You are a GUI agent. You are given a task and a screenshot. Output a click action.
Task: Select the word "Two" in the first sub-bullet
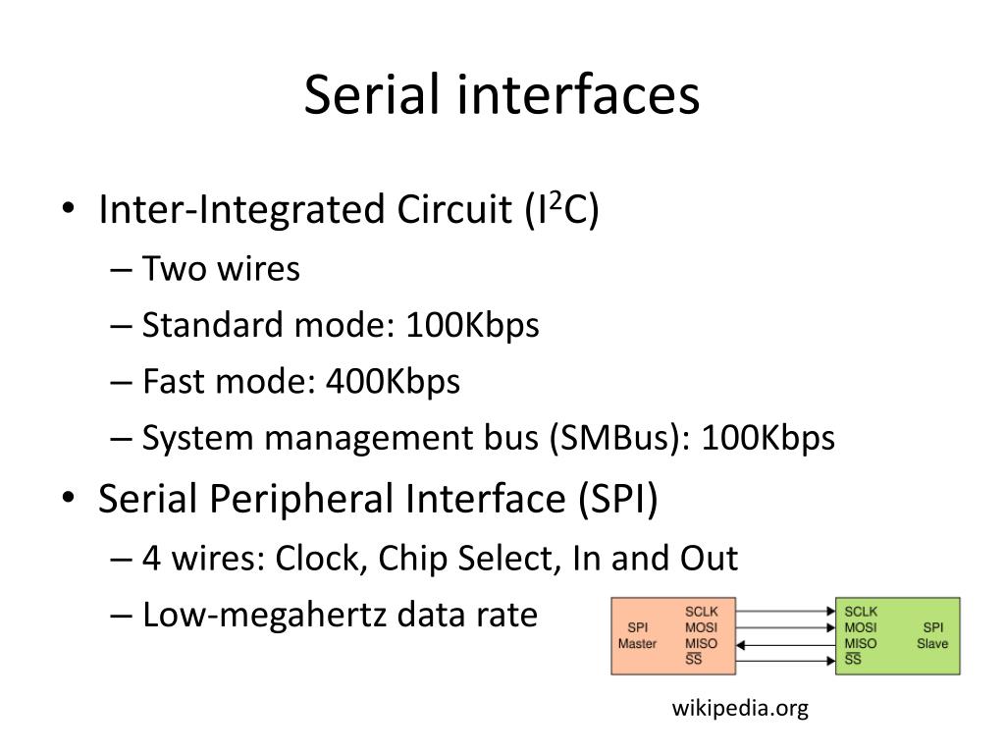pos(169,268)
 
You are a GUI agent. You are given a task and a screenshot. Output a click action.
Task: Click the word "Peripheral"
pos(297,499)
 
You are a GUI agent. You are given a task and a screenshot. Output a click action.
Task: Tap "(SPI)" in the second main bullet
pos(616,499)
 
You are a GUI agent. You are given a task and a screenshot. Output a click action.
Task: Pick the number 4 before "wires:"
pos(151,558)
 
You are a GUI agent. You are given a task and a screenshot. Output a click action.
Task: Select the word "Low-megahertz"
pos(265,616)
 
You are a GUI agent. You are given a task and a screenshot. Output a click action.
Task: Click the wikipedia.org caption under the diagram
pos(740,709)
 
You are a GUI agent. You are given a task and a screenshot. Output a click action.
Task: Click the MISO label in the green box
pos(861,643)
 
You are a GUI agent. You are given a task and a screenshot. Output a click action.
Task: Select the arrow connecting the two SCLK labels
pos(785,612)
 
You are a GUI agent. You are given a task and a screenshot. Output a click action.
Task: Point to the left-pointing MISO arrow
pos(785,644)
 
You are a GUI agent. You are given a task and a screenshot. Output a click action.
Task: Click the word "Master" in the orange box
pos(637,644)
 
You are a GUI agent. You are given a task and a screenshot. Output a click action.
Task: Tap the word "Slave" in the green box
pos(932,644)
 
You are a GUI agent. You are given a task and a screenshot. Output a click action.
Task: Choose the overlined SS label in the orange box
pos(693,659)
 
